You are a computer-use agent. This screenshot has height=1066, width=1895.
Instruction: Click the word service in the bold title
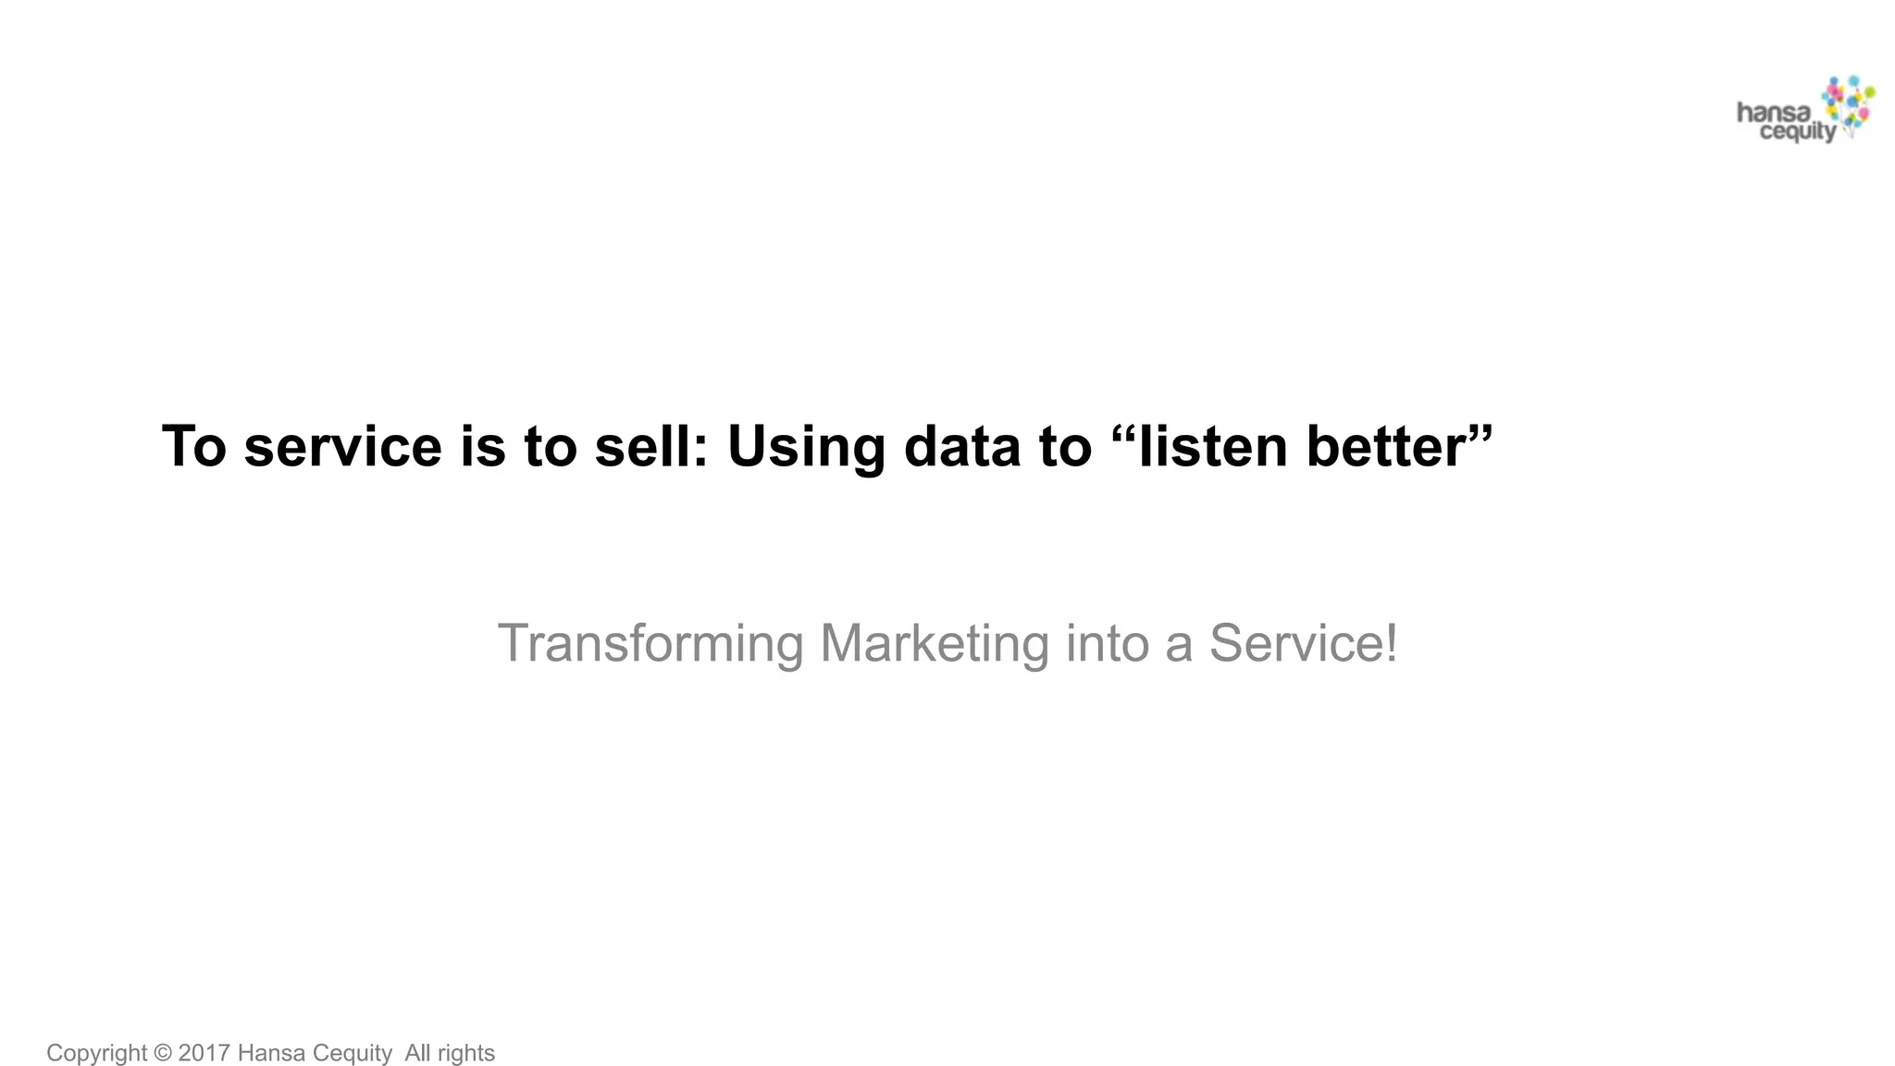[342, 446]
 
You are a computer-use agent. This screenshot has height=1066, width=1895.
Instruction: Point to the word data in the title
[963, 446]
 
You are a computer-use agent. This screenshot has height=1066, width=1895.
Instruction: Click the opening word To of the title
[193, 446]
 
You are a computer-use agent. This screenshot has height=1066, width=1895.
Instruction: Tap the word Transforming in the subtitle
[650, 644]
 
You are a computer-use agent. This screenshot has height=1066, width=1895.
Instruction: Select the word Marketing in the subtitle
[934, 644]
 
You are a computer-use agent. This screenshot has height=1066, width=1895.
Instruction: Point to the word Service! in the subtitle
[1303, 644]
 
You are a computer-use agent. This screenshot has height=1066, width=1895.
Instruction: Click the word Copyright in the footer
[96, 1053]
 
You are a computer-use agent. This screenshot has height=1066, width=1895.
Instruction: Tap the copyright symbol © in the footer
[163, 1053]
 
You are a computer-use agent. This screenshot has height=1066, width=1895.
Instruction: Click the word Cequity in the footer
[352, 1053]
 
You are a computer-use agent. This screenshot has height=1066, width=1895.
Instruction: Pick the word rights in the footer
[465, 1053]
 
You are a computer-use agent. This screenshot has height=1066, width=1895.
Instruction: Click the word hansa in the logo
[1773, 114]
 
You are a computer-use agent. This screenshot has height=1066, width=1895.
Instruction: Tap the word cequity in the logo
[1796, 132]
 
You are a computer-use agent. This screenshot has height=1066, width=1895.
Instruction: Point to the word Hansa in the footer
[271, 1053]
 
